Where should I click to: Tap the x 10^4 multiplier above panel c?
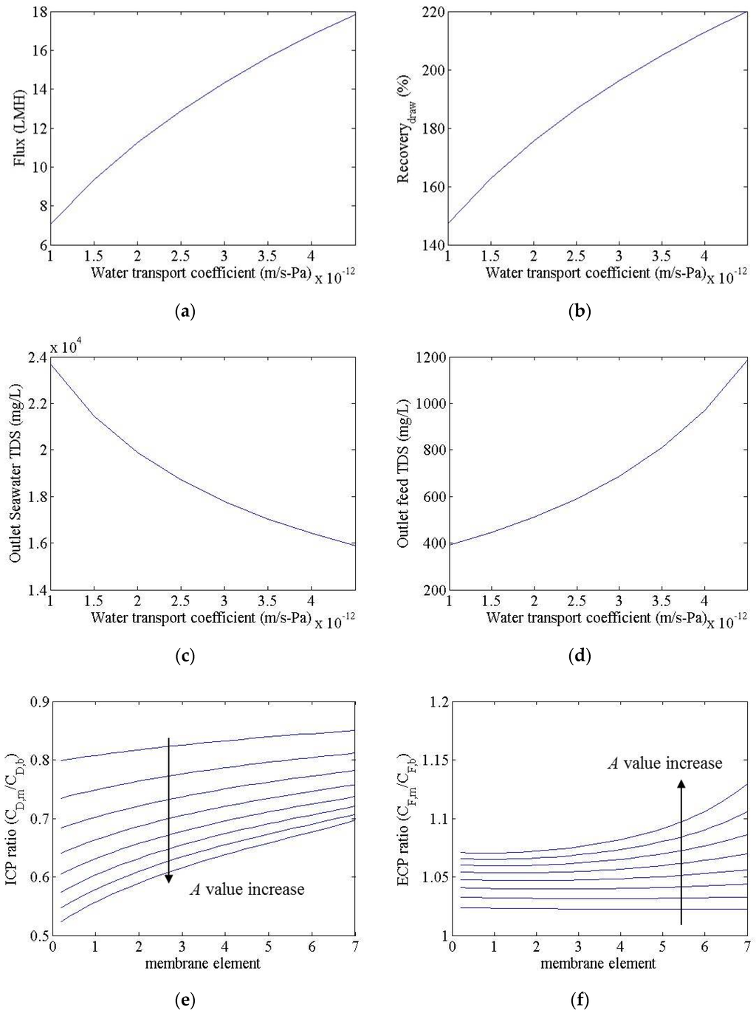[65, 346]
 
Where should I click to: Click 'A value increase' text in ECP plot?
[664, 763]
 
